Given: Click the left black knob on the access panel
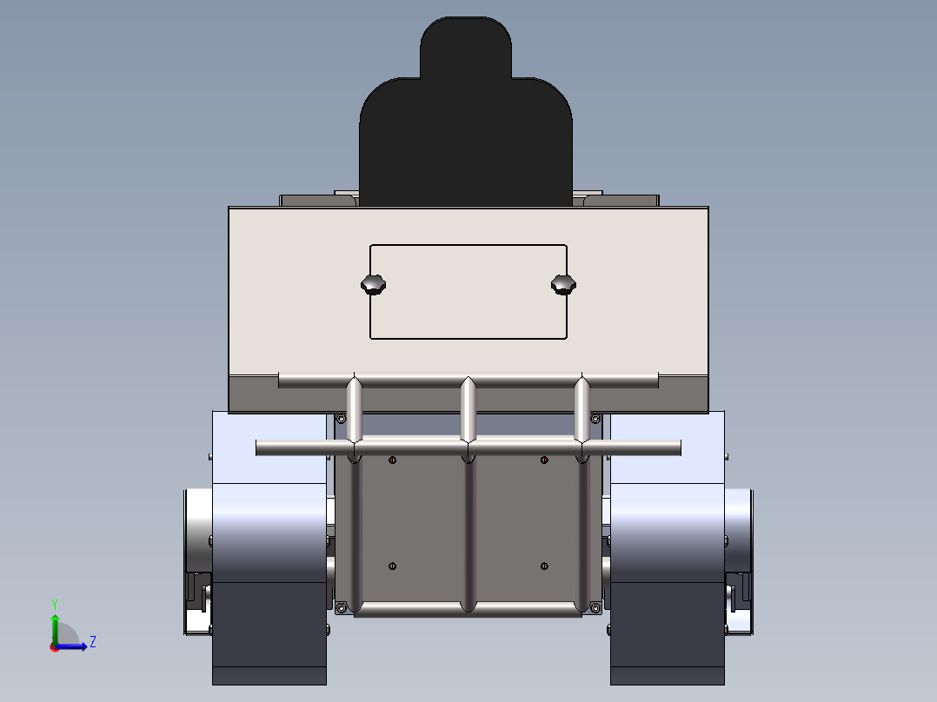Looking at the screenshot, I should tap(374, 284).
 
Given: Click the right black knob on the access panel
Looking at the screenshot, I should tap(563, 284).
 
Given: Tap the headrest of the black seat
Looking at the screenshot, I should tap(466, 48).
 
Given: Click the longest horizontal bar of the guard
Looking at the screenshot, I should tap(468, 448).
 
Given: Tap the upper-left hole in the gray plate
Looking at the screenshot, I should tap(392, 460).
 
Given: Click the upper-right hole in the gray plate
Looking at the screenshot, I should tap(544, 460).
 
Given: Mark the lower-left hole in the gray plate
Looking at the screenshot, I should tap(392, 566).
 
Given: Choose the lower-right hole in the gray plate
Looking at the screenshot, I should tap(544, 566).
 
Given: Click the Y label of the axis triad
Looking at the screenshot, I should tap(54, 603).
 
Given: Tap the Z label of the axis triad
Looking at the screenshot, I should tap(92, 642).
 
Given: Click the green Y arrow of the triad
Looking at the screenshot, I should tap(55, 626).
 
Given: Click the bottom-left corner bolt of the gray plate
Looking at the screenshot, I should tap(342, 606).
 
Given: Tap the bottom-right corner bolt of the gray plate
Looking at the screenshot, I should tap(595, 606).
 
